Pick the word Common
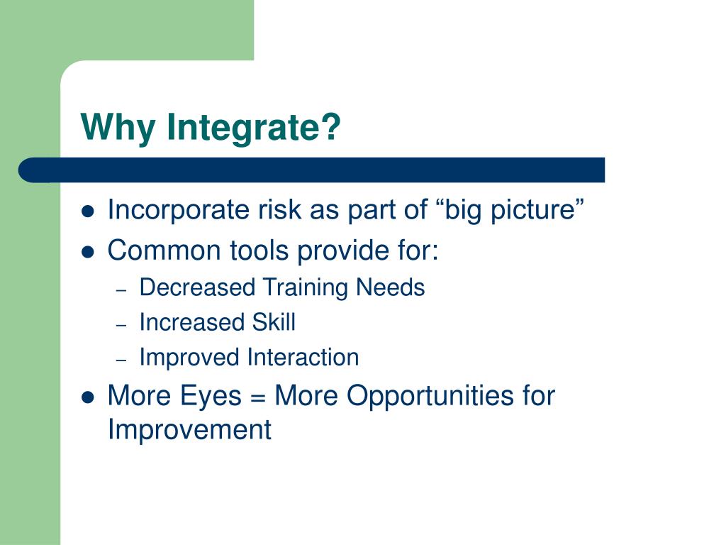[164, 251]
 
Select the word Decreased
[197, 287]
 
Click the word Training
[305, 288]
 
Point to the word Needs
[391, 287]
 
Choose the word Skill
[274, 322]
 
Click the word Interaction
[303, 358]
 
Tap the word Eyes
[210, 397]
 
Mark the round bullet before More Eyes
[87, 397]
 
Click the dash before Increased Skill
[121, 325]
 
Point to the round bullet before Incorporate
[87, 211]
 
